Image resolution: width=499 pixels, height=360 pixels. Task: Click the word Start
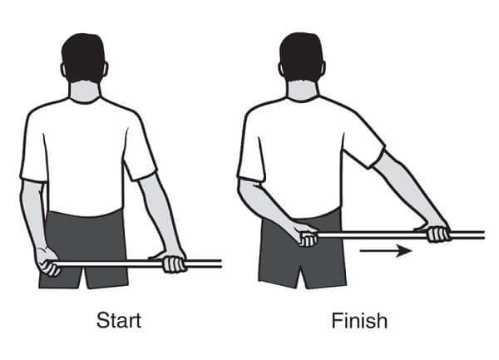coord(119,320)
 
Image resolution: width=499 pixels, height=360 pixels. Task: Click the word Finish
coord(359,321)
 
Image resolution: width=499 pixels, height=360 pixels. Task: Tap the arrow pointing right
coord(386,251)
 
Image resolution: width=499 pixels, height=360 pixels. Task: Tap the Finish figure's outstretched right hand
coord(435,232)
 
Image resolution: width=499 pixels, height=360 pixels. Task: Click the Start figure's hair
coord(84,57)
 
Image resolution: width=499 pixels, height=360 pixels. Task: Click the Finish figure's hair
coord(301,57)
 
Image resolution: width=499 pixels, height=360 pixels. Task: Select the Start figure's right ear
coord(106,69)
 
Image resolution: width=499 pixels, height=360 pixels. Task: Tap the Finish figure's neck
coord(303,91)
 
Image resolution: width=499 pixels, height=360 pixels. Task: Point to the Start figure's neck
coord(84,92)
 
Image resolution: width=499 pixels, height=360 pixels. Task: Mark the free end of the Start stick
coord(221,264)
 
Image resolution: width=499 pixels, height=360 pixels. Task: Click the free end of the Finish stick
coord(484,235)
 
